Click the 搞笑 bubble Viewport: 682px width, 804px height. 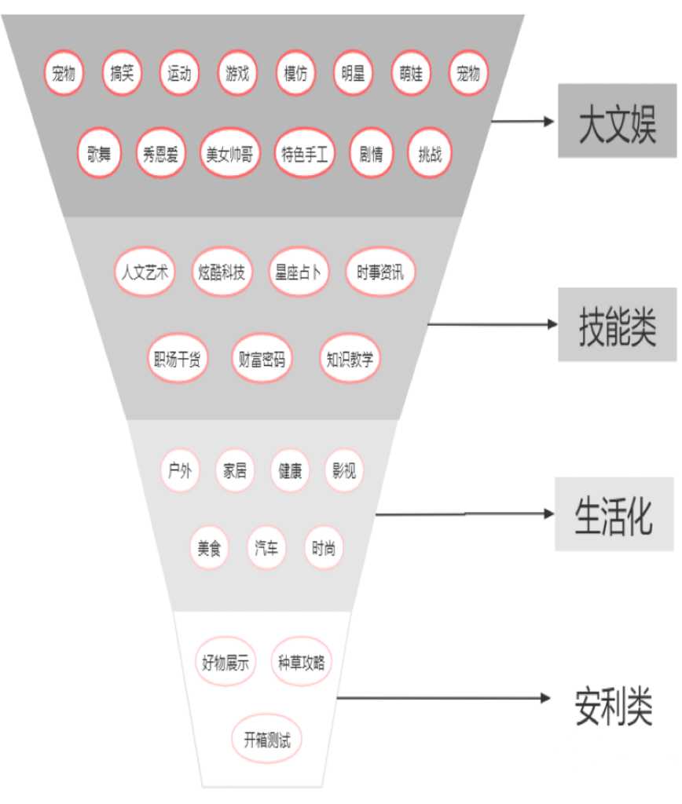coord(122,73)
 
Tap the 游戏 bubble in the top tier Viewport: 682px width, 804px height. coord(237,73)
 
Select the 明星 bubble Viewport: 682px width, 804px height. coord(353,73)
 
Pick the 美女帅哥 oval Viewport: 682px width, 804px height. coord(229,153)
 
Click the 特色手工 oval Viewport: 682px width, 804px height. coord(304,153)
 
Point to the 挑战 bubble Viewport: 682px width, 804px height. coord(430,153)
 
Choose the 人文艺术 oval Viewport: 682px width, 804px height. coord(145,272)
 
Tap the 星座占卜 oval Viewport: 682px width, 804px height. coord(298,272)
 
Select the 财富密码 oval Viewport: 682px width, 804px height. coord(262,358)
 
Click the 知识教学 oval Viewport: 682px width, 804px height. coord(350,358)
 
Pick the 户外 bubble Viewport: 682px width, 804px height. coord(180,470)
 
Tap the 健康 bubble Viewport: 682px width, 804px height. coord(290,470)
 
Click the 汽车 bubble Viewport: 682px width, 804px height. coord(266,547)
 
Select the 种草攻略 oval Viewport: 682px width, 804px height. coord(301,661)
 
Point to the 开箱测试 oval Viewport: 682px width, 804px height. coord(267,739)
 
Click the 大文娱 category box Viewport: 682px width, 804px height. coord(618,120)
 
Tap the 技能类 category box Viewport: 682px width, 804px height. coord(618,324)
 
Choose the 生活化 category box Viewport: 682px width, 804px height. coord(614,513)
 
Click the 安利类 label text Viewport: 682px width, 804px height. coord(614,707)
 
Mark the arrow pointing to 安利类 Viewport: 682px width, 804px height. coord(443,697)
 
